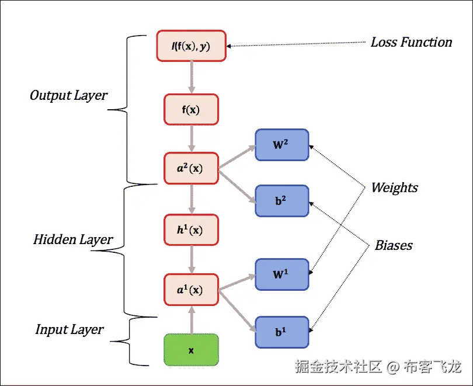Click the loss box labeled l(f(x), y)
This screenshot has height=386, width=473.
click(191, 46)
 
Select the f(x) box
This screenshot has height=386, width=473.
click(191, 109)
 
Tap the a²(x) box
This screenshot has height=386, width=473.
click(191, 169)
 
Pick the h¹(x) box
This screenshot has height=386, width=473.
click(191, 230)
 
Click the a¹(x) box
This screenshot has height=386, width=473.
click(191, 290)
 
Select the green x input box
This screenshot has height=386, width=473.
click(191, 350)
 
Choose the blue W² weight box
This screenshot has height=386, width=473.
click(282, 144)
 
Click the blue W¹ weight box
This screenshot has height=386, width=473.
click(282, 274)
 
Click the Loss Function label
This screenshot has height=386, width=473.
click(411, 42)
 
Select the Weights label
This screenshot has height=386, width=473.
click(395, 187)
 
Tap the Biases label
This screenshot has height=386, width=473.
click(394, 245)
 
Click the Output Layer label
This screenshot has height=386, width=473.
click(68, 95)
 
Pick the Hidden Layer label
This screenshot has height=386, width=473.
click(73, 239)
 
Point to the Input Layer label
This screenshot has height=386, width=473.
click(69, 329)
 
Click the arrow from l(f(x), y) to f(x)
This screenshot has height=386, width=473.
click(191, 77)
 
